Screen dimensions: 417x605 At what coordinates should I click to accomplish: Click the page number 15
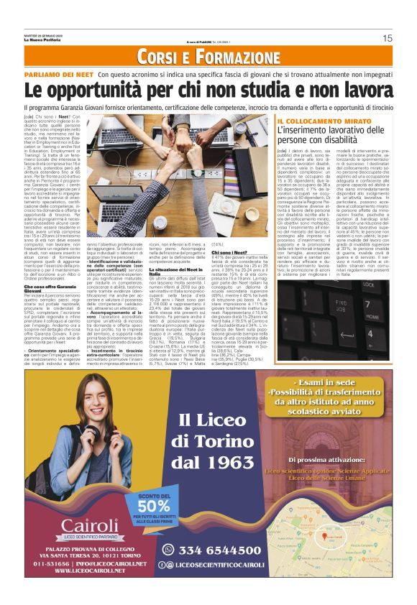point(388,38)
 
